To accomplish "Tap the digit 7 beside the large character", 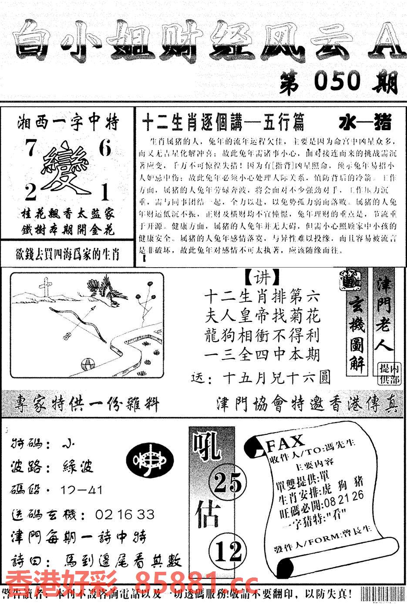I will tap(31, 149).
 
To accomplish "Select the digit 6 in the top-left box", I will tap(105, 149).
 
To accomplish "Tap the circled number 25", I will tap(228, 483).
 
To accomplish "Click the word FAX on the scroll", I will tap(285, 443).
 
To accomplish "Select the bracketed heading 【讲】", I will tap(262, 277).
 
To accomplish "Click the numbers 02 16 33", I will tap(125, 515).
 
